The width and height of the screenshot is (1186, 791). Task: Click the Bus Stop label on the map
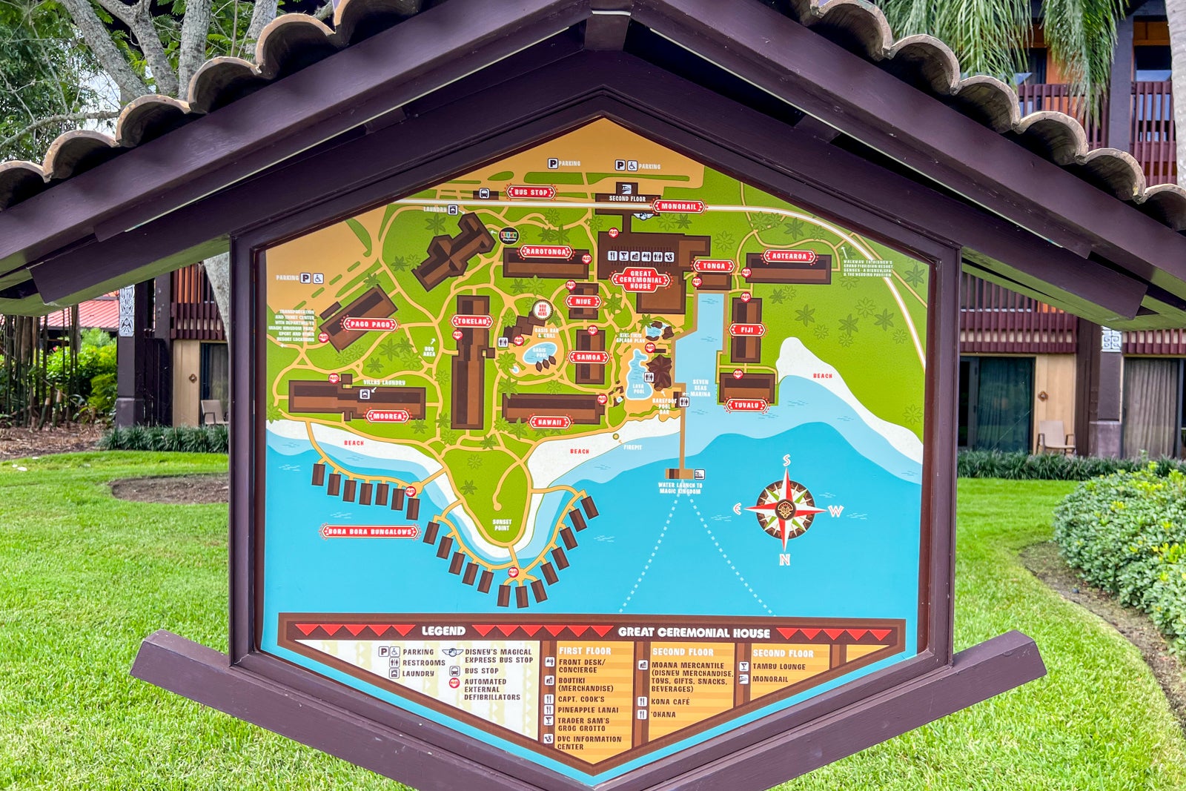(x=531, y=193)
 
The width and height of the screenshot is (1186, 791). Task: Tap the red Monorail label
(x=678, y=207)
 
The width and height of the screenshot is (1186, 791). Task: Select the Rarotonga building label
(x=546, y=252)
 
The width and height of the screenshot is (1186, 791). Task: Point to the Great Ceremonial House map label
(x=640, y=279)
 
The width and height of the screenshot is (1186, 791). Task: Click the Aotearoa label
(x=789, y=257)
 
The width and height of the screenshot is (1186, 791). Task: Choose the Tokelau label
(x=472, y=321)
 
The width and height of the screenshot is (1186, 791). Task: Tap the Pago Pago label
(x=370, y=324)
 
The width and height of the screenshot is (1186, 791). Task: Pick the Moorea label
(x=387, y=416)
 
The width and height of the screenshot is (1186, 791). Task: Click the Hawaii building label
(x=550, y=423)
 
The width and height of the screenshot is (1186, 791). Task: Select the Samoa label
(x=589, y=357)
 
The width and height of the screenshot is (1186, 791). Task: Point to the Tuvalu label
(x=746, y=405)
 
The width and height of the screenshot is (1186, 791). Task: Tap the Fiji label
(x=746, y=329)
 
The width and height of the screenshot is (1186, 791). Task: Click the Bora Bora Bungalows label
(x=370, y=532)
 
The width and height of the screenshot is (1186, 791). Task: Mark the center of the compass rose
(x=786, y=510)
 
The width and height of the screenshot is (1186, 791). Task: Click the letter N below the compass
(x=784, y=560)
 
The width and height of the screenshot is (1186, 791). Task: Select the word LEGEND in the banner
(x=443, y=632)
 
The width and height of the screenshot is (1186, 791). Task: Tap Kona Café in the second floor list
(x=670, y=701)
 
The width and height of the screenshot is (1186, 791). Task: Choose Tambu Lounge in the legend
(x=779, y=666)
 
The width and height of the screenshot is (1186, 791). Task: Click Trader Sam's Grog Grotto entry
(x=583, y=724)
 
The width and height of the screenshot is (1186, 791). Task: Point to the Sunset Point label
(x=502, y=525)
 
